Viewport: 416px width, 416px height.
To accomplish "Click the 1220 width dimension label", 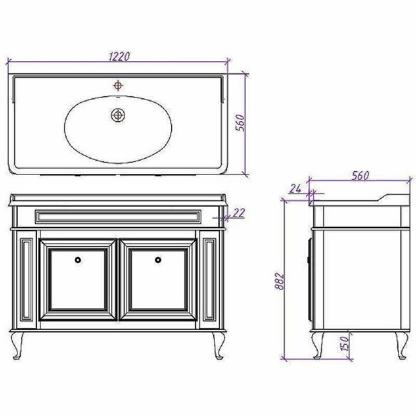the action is tap(119, 57).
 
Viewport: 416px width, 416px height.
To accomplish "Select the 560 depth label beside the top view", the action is tap(240, 123).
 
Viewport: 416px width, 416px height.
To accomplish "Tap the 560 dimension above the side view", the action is tap(360, 176).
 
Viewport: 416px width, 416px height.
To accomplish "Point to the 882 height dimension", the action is tap(279, 281).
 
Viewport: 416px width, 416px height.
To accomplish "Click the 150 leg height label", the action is tap(344, 344).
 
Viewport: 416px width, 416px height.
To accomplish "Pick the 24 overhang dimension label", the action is tap(295, 189).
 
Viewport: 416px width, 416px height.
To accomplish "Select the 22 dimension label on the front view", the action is tap(238, 213).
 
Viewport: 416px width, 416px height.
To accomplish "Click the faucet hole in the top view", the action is tap(118, 85).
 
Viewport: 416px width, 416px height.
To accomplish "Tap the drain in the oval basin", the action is tap(118, 115).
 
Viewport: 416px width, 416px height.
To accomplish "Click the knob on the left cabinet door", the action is tap(78, 260).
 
